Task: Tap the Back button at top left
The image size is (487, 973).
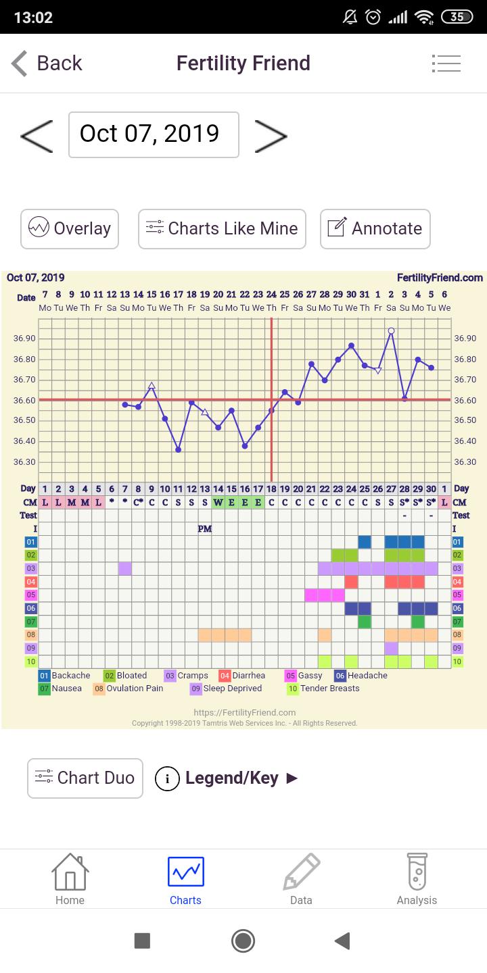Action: coord(46,64)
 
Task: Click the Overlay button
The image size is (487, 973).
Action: coord(70,228)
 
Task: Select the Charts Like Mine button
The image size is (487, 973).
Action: coord(222,228)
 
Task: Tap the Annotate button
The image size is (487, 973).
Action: coord(375,228)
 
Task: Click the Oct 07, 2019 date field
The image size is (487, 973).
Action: coord(154,134)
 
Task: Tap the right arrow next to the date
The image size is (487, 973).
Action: coord(271,135)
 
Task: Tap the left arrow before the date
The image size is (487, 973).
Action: coord(37,135)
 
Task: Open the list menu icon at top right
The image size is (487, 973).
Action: coord(446,64)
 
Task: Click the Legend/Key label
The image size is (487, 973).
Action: coord(231,778)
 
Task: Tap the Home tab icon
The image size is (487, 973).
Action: coord(70,878)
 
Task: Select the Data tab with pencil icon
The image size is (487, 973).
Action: coord(301,878)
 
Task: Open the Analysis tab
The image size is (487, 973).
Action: coord(417,878)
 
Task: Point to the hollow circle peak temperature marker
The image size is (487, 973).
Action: coord(391,331)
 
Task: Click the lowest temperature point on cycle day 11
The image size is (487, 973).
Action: coord(178,449)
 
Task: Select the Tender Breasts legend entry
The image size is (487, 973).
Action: coord(323,689)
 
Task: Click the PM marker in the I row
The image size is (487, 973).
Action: coord(205,529)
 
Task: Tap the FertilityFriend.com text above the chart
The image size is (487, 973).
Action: coord(440,278)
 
